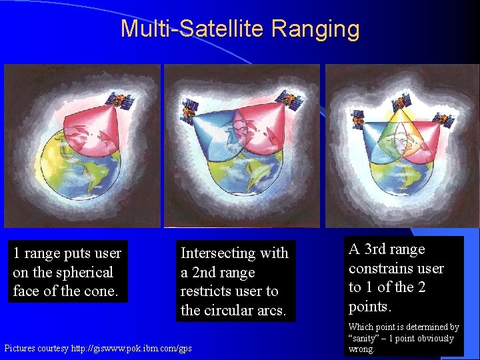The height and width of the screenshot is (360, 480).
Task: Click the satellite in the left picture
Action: pos(121,101)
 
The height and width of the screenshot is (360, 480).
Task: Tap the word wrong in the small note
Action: pos(361,349)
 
